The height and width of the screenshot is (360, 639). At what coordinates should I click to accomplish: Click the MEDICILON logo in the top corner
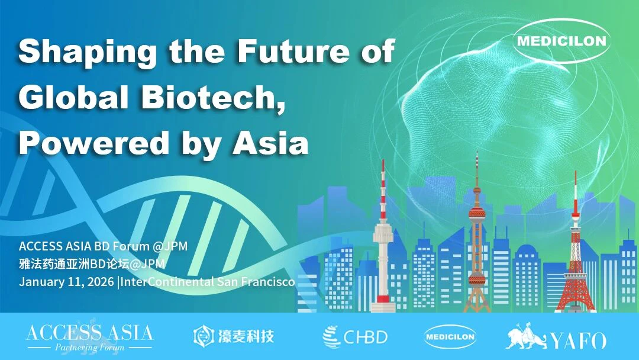coord(560,41)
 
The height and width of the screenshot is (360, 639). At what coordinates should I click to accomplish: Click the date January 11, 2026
coord(67,281)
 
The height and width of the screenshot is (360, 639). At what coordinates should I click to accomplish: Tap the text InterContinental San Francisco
coord(209,281)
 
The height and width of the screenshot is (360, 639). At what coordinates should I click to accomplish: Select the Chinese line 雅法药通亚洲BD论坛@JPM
coord(91,264)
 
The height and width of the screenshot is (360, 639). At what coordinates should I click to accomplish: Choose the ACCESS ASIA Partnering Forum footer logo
coord(89,337)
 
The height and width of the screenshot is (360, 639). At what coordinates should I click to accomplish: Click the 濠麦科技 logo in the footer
coord(234,337)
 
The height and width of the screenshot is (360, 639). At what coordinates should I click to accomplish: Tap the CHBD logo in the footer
coord(355,337)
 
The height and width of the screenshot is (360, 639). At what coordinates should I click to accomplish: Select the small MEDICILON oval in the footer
coord(450,337)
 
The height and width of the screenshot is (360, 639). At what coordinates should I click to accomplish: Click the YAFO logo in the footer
coord(556,337)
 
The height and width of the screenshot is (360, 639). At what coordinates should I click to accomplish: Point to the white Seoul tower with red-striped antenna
coord(383,249)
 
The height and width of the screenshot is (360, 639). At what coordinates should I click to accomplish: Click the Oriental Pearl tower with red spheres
coord(476,237)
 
